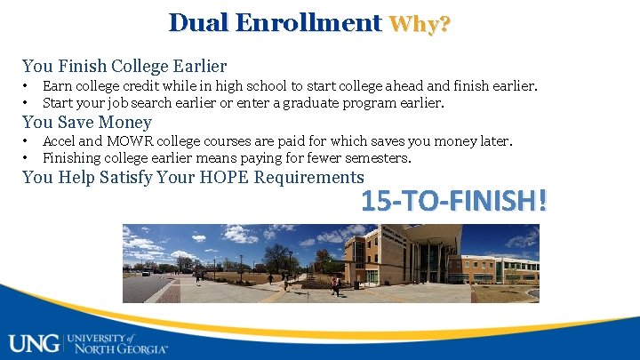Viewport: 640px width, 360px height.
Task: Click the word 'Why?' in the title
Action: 420,24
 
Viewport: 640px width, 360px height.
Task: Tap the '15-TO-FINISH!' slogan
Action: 453,201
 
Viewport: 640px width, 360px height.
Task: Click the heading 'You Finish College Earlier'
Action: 124,66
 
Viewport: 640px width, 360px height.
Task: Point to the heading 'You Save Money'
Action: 87,122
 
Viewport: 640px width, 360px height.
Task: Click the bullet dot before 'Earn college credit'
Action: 26,86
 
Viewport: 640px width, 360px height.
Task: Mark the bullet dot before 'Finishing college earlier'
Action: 26,158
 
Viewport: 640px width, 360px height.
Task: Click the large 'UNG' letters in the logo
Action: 34,342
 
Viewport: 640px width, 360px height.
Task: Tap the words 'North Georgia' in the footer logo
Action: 120,348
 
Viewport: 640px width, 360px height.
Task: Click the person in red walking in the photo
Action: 335,285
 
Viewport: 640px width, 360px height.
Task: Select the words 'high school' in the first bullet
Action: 233,86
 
